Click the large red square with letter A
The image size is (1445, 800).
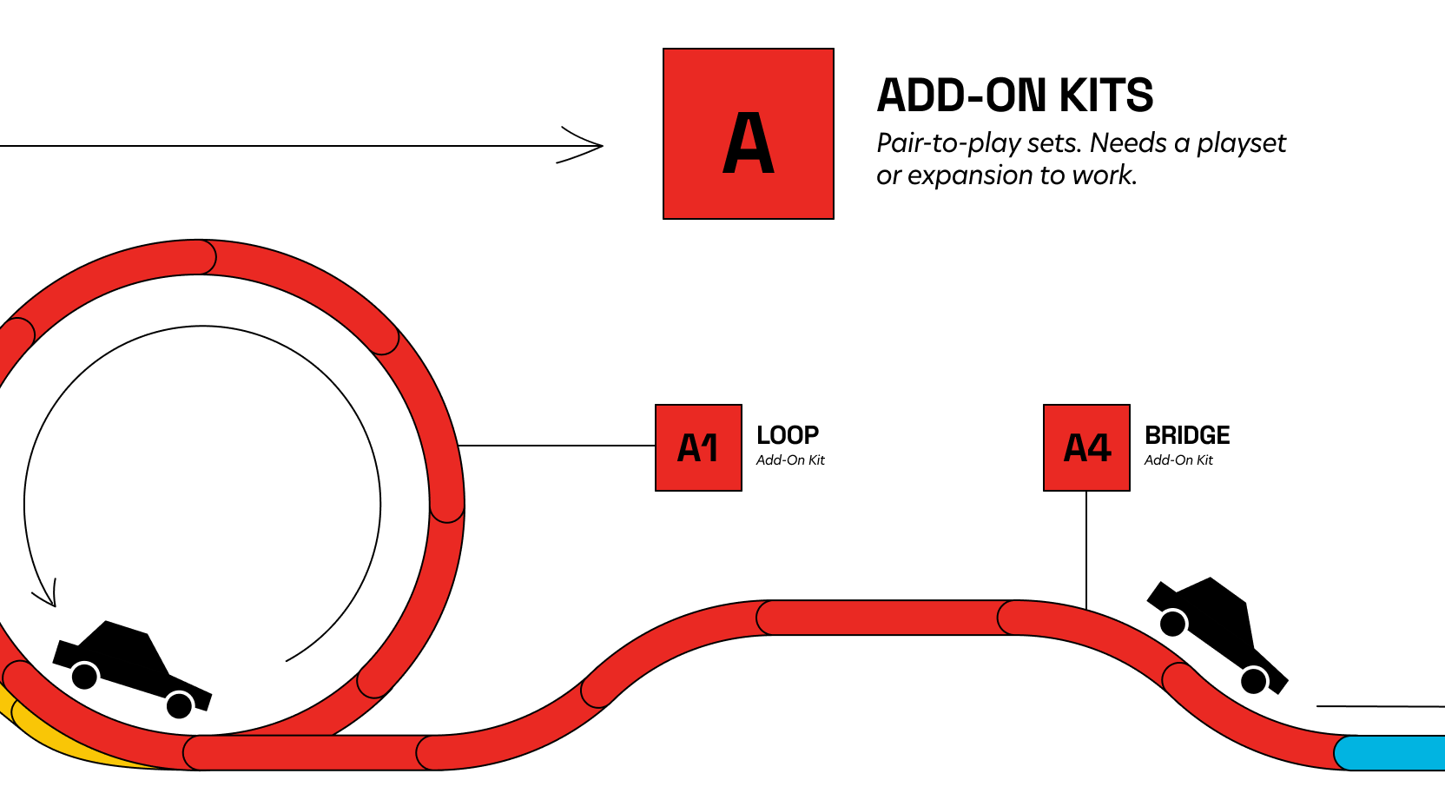pyautogui.click(x=748, y=134)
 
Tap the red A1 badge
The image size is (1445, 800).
pyautogui.click(x=698, y=447)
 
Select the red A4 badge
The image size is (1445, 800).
pyautogui.click(x=1086, y=447)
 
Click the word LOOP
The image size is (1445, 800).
pyautogui.click(x=788, y=435)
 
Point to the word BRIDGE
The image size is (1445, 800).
pyautogui.click(x=1187, y=435)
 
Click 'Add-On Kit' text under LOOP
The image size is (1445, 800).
pyautogui.click(x=790, y=460)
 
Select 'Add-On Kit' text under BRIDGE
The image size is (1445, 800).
pyautogui.click(x=1178, y=460)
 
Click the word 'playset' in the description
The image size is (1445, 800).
pyautogui.click(x=1241, y=143)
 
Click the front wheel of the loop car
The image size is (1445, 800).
pyautogui.click(x=179, y=704)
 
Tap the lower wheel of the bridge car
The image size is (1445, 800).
pyautogui.click(x=1254, y=680)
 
